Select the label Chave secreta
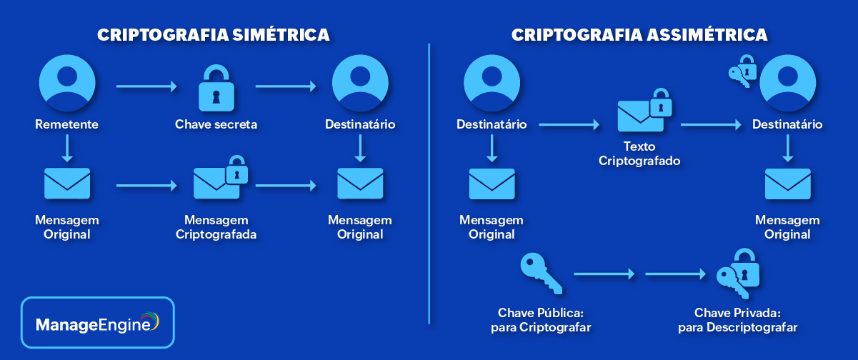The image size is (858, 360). (216, 125)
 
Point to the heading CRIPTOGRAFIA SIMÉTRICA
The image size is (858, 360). (213, 35)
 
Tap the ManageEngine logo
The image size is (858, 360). (98, 323)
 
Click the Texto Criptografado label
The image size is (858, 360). (640, 153)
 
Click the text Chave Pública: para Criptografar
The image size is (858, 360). (541, 320)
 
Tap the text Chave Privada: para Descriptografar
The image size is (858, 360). (737, 320)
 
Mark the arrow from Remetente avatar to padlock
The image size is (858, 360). (146, 87)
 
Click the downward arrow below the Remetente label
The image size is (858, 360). (67, 149)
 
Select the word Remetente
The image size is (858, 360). (67, 125)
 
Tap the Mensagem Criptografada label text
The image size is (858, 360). (216, 226)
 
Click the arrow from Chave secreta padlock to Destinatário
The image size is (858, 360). (285, 87)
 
